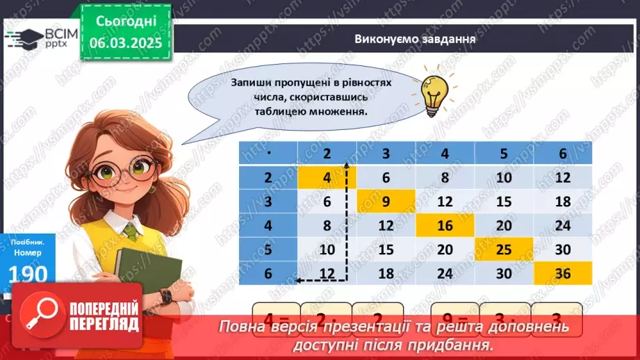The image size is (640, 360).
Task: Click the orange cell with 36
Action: (x=563, y=272)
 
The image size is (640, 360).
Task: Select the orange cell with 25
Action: (x=504, y=249)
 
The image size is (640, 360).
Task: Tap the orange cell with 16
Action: (x=445, y=225)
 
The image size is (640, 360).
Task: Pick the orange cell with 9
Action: (x=386, y=202)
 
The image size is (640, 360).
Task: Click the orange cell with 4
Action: (x=327, y=177)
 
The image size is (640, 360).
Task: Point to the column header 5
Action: (x=504, y=153)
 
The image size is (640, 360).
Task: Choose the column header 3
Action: (x=386, y=153)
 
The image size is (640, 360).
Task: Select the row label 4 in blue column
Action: (x=268, y=225)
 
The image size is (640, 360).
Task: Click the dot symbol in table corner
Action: (x=268, y=153)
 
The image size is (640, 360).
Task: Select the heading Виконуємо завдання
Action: (x=414, y=39)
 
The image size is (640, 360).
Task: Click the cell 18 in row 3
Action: (x=563, y=202)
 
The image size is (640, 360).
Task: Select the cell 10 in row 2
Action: (x=504, y=177)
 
